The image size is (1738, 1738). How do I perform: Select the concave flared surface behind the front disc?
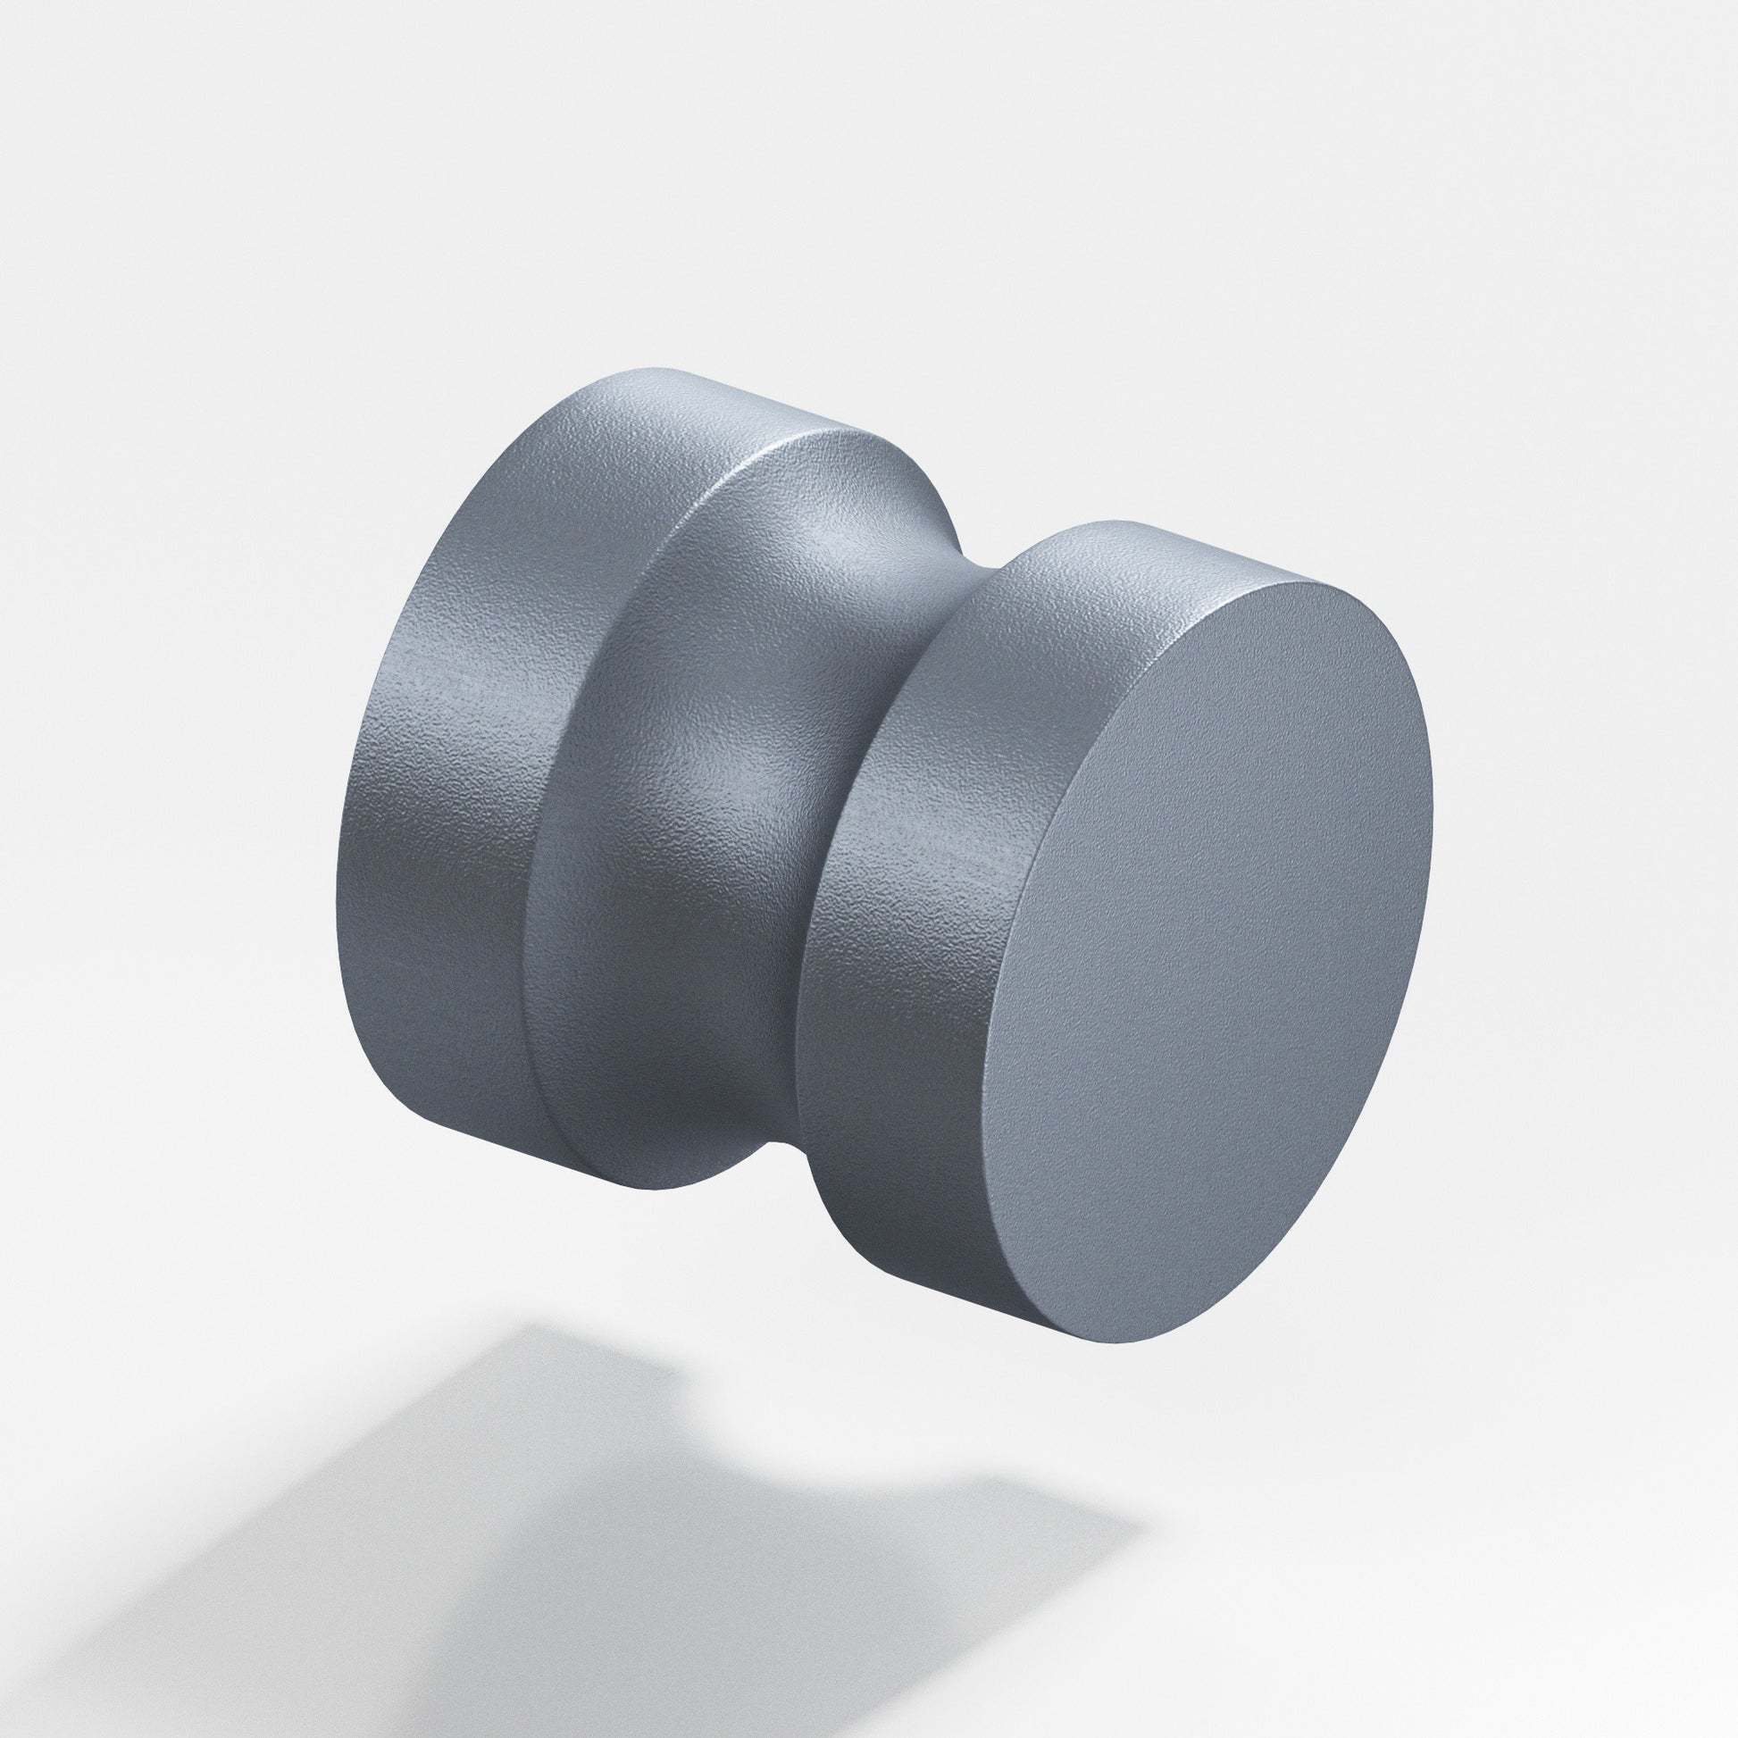[x=720, y=765]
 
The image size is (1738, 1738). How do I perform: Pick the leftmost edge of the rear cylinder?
[x=339, y=855]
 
